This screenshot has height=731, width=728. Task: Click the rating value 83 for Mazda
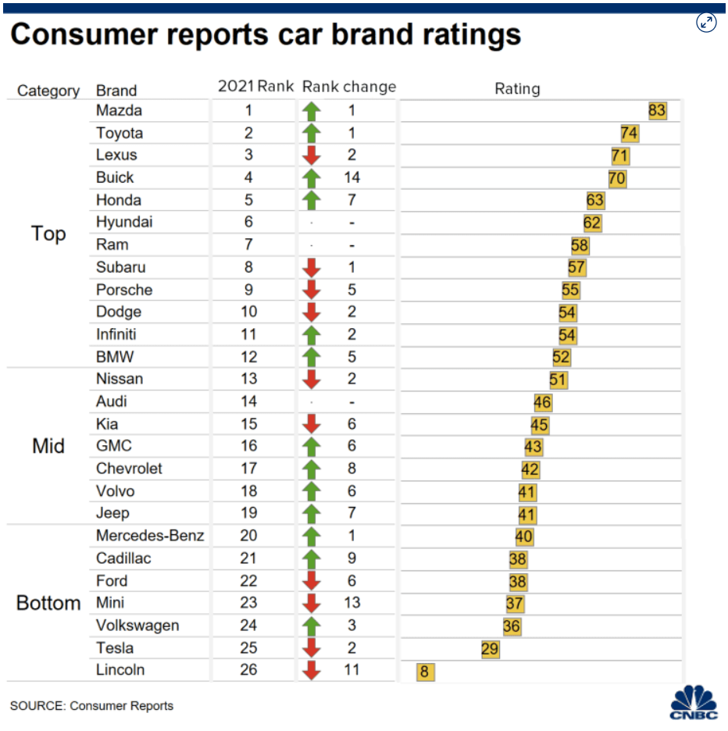click(x=656, y=111)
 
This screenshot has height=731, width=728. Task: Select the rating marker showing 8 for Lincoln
click(x=426, y=672)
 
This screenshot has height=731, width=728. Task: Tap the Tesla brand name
click(x=115, y=647)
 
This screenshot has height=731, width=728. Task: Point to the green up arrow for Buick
click(x=312, y=178)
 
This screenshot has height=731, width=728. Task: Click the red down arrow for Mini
click(x=312, y=603)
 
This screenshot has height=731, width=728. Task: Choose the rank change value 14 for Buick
click(x=352, y=177)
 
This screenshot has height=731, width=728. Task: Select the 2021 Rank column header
click(x=255, y=87)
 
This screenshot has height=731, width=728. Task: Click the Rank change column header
click(x=349, y=87)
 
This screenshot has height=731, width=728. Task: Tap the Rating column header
click(x=517, y=89)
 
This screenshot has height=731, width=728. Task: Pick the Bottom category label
click(x=48, y=603)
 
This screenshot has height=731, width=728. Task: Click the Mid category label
click(x=48, y=447)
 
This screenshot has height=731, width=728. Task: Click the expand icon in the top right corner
click(x=706, y=23)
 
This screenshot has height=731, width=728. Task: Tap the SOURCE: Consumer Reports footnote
click(x=91, y=706)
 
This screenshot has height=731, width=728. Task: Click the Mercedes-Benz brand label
click(x=150, y=536)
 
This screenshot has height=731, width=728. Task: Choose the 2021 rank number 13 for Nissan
click(x=248, y=379)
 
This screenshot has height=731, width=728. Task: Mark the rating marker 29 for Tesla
click(x=490, y=649)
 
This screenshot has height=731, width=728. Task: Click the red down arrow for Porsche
click(x=312, y=290)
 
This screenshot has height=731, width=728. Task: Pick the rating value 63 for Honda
click(x=595, y=201)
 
